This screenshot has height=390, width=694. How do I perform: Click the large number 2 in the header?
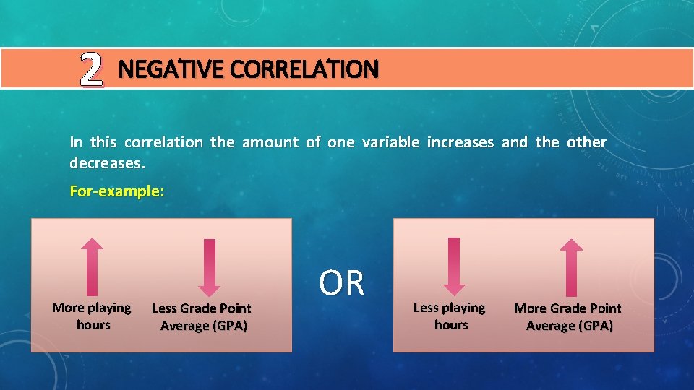point(91,70)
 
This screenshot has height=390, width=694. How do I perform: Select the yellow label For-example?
point(116,191)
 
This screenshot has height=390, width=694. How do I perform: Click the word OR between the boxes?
point(342,283)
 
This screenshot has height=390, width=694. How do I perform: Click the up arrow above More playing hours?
point(92,266)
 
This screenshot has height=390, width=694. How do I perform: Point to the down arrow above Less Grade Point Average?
point(208,267)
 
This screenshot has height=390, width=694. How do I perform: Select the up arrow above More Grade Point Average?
point(571,266)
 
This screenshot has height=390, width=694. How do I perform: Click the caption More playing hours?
point(92,316)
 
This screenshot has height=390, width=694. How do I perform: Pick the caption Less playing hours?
point(450,316)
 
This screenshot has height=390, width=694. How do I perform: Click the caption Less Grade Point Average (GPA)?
point(202,317)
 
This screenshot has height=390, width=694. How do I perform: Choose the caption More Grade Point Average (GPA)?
point(568,317)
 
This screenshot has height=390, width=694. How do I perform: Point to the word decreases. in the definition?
point(107,163)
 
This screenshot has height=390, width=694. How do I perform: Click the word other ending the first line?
point(586,142)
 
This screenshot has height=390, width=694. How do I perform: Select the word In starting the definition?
point(76,142)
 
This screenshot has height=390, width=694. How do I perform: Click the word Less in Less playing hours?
point(426,308)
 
